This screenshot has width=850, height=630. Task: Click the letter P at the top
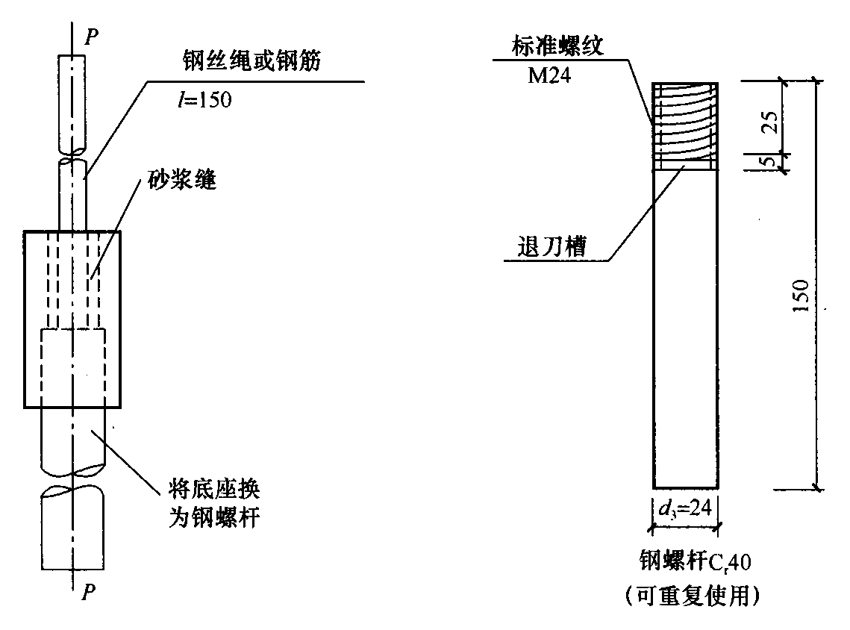coord(92,37)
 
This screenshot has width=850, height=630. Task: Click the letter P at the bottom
coord(88,592)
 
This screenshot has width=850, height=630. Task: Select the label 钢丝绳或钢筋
coord(251,60)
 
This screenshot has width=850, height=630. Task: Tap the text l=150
coord(204,99)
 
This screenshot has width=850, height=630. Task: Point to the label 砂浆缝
coord(182,179)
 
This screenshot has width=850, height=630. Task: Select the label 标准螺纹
coord(557,46)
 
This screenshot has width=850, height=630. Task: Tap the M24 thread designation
coord(549,75)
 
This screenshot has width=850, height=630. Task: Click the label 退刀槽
coord(551,246)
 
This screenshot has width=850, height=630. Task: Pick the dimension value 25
coord(772,122)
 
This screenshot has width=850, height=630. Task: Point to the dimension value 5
coord(769,161)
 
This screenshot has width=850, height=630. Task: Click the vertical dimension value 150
coord(801,296)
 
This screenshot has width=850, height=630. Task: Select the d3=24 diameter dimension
coord(684,508)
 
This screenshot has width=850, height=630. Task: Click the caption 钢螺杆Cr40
coord(696,561)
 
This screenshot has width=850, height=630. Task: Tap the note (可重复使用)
coord(693,596)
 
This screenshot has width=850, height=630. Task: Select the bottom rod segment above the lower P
coord(72,528)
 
